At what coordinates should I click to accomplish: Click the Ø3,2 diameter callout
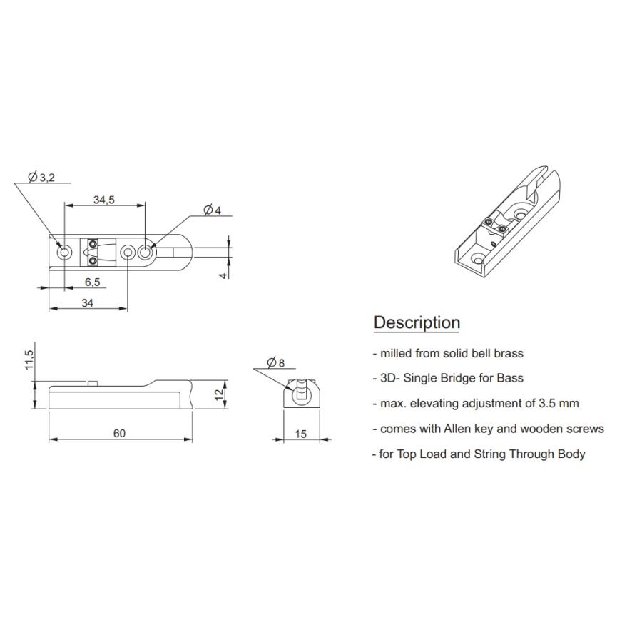coord(41,178)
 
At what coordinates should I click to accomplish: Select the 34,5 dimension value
coord(104,200)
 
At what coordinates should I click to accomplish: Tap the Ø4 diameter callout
coord(212,210)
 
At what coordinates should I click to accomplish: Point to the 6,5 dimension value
coord(93,282)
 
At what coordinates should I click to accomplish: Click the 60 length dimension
coord(119,433)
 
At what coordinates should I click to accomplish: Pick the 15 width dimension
coord(301,434)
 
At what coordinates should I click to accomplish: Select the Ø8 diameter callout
coord(275,362)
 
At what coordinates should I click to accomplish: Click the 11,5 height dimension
coord(29,360)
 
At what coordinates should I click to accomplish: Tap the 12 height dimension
coord(219,394)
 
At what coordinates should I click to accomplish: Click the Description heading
coord(417,322)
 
